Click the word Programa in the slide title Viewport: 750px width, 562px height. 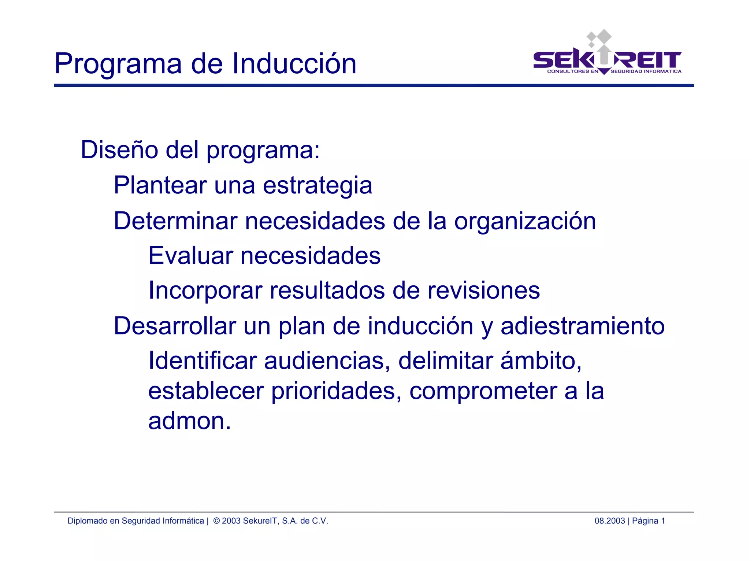click(x=118, y=64)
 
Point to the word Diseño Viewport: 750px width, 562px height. click(x=119, y=150)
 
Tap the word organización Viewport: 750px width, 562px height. click(x=525, y=222)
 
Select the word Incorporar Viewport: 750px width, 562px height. click(x=205, y=291)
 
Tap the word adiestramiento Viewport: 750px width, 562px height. click(x=582, y=326)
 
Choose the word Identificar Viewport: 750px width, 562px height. click(x=202, y=361)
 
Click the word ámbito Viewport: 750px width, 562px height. click(x=541, y=361)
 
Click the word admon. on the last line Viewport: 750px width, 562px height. click(x=190, y=421)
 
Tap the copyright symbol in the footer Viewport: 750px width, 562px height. click(x=216, y=521)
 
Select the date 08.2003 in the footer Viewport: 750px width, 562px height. click(x=609, y=521)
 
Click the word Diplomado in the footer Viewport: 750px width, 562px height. click(x=88, y=521)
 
